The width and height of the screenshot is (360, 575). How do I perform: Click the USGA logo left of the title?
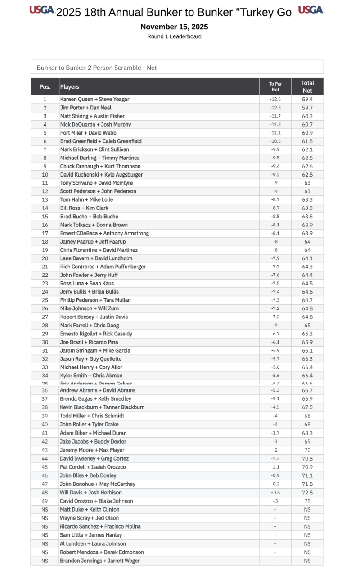click(42, 10)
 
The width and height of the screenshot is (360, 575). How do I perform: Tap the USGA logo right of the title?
click(310, 10)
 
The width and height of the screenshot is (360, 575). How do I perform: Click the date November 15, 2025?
click(174, 27)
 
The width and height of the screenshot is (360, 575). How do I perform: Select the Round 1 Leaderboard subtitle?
click(174, 36)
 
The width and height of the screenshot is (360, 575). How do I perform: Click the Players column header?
click(70, 86)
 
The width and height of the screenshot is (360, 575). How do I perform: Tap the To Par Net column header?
click(275, 86)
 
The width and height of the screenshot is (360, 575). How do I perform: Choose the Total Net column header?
click(307, 86)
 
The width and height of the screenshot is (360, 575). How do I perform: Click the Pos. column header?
click(45, 86)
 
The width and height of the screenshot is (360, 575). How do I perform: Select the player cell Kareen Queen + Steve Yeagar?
click(95, 99)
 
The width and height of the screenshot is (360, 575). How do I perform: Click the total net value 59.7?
click(307, 108)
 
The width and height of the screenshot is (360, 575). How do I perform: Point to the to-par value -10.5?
click(275, 141)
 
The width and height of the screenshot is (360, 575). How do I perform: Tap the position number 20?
click(45, 258)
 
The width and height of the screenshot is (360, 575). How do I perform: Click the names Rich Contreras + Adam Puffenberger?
click(103, 267)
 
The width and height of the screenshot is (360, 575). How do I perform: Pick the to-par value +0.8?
click(275, 493)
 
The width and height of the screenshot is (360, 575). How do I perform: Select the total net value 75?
click(307, 501)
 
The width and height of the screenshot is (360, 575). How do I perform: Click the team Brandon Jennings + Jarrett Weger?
click(100, 561)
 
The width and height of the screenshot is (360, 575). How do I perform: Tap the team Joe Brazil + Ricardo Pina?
click(90, 342)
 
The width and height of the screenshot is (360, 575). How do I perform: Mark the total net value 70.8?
click(307, 459)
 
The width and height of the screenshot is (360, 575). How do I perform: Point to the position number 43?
click(45, 450)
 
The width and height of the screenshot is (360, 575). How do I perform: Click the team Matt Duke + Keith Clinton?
click(90, 509)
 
